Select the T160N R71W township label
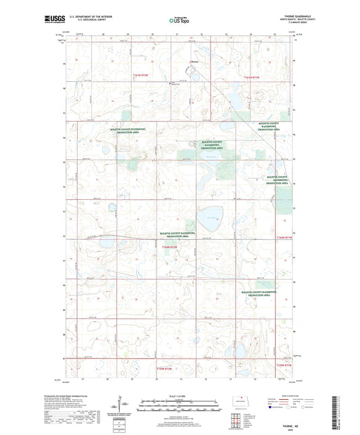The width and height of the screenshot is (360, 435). (286, 238)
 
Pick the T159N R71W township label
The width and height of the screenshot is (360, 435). (285, 365)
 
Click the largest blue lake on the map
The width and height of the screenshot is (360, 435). (211, 215)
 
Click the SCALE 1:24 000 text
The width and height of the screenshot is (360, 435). (180, 395)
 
